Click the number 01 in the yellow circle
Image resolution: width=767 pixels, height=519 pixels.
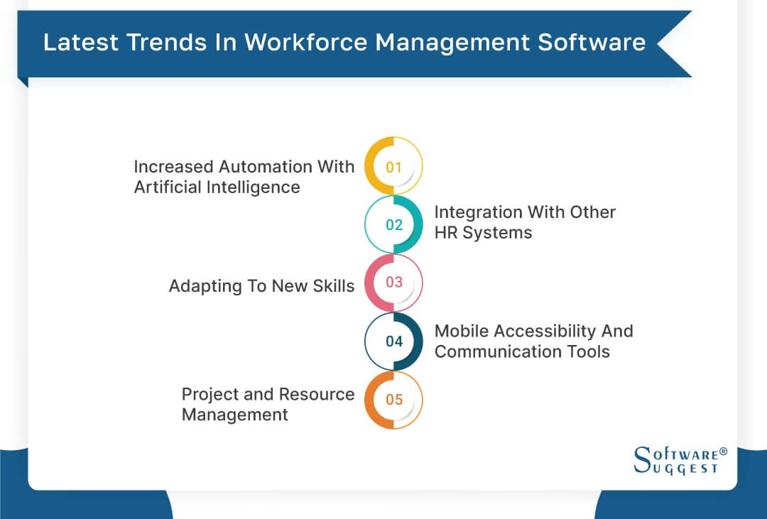393,168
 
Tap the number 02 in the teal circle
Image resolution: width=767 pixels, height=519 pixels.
393,225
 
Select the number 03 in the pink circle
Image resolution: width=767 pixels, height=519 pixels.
393,283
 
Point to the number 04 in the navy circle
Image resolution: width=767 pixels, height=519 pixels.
393,342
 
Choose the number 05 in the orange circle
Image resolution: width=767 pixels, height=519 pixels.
393,400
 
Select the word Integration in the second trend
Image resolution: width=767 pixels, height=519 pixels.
477,212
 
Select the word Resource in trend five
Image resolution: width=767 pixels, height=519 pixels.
317,394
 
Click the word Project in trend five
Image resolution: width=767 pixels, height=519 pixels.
210,394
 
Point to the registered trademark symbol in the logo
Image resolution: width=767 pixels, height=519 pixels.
724,452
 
